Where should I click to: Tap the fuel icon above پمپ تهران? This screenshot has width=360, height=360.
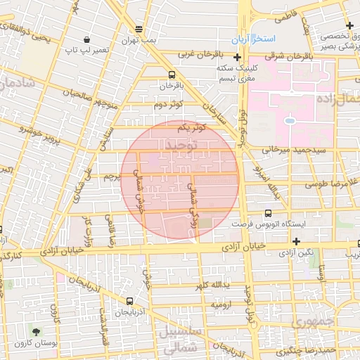pos(139,30)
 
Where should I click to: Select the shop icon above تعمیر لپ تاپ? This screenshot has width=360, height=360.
pos(86,39)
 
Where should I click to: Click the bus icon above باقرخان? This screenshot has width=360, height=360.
pos(171,75)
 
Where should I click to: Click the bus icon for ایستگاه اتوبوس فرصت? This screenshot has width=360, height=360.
pos(268,213)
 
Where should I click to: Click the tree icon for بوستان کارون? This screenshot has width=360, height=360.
pos(36,330)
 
